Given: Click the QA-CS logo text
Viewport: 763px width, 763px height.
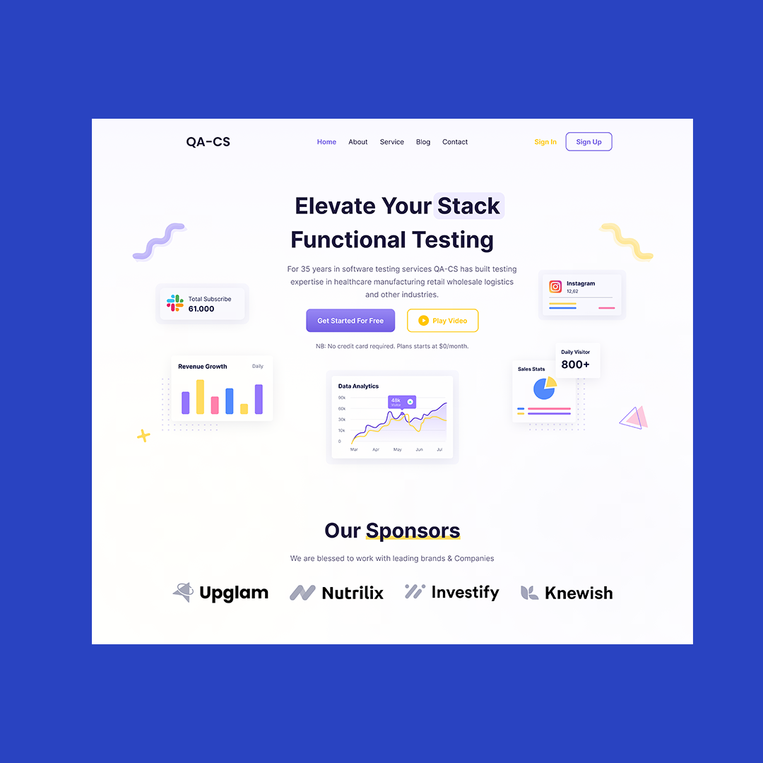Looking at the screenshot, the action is pos(208,141).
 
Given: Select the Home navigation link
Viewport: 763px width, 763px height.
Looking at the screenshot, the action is pos(326,141).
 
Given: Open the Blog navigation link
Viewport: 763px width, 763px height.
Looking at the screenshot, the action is pos(423,141).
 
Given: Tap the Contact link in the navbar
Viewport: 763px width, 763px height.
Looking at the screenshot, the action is pos(454,141).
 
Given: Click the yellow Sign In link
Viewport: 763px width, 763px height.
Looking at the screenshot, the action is pos(545,141).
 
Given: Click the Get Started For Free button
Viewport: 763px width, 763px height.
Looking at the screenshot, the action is pos(350,320).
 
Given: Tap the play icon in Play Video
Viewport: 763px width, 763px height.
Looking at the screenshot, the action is pos(423,320).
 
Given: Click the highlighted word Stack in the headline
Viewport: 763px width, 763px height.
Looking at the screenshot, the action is pos(468,206).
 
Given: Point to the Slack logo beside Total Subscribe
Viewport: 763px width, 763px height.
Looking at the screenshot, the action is pos(175,302).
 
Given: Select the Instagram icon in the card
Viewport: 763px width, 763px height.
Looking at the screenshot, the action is pos(555,287).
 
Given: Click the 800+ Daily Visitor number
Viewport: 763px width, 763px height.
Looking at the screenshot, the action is pos(575,365).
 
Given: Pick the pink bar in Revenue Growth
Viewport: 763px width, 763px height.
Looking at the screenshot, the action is pos(215,405).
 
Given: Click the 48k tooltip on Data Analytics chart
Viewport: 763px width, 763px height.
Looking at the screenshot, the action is pos(401,401).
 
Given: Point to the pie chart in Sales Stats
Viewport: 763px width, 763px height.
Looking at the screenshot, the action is pos(545,389).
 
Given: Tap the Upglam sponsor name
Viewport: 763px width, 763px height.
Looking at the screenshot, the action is pos(234,593).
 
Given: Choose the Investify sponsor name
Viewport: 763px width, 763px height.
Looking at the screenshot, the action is pos(465,592).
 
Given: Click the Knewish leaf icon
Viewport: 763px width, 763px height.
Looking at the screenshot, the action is pos(529,593).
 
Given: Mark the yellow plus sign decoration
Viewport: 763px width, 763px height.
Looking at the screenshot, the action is pos(143,435).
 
